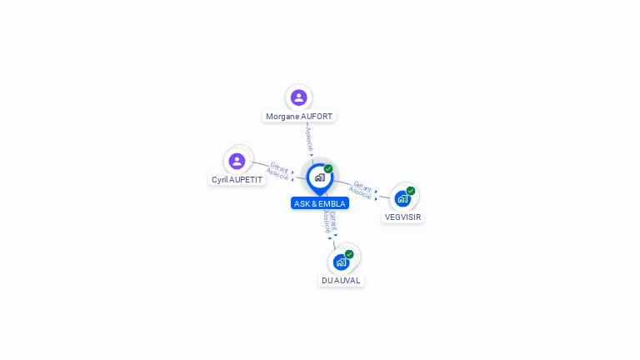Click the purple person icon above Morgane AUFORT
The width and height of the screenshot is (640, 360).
tap(299, 97)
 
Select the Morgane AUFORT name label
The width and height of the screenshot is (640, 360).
tap(299, 117)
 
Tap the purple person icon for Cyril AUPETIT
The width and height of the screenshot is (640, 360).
tap(237, 161)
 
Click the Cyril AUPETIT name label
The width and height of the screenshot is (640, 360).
tap(237, 180)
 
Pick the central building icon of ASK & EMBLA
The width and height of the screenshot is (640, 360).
tap(319, 177)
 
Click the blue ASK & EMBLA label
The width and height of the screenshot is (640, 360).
tap(320, 203)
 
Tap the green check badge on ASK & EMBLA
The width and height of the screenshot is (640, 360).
tap(328, 169)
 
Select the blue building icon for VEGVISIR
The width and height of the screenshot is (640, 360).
tap(402, 198)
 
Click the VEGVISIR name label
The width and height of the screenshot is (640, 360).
tap(403, 217)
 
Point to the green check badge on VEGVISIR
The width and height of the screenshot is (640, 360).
tap(411, 191)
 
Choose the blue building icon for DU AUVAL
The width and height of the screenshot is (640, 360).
tap(341, 262)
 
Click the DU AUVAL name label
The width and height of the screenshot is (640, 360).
tap(341, 281)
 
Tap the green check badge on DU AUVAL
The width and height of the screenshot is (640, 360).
tap(349, 254)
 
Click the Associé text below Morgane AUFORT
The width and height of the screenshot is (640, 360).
tap(308, 137)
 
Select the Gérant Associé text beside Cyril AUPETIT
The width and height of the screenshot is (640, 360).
tap(278, 171)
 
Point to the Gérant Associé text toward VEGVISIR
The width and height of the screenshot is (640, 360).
tap(362, 189)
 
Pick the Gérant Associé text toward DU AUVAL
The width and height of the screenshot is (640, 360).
tap(330, 221)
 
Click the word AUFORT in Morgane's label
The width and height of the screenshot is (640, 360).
tap(317, 117)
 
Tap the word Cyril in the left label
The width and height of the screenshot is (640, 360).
tap(221, 180)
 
